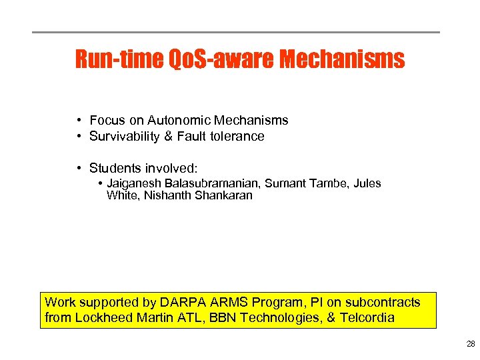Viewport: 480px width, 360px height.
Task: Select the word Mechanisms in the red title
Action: pyautogui.click(x=342, y=59)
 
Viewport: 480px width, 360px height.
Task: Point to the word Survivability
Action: pyautogui.click(x=125, y=136)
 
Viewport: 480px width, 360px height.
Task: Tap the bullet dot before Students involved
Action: pyautogui.click(x=79, y=168)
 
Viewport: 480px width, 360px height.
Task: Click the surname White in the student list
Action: pyautogui.click(x=121, y=195)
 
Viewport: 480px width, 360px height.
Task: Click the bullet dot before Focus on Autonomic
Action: pyautogui.click(x=79, y=120)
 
